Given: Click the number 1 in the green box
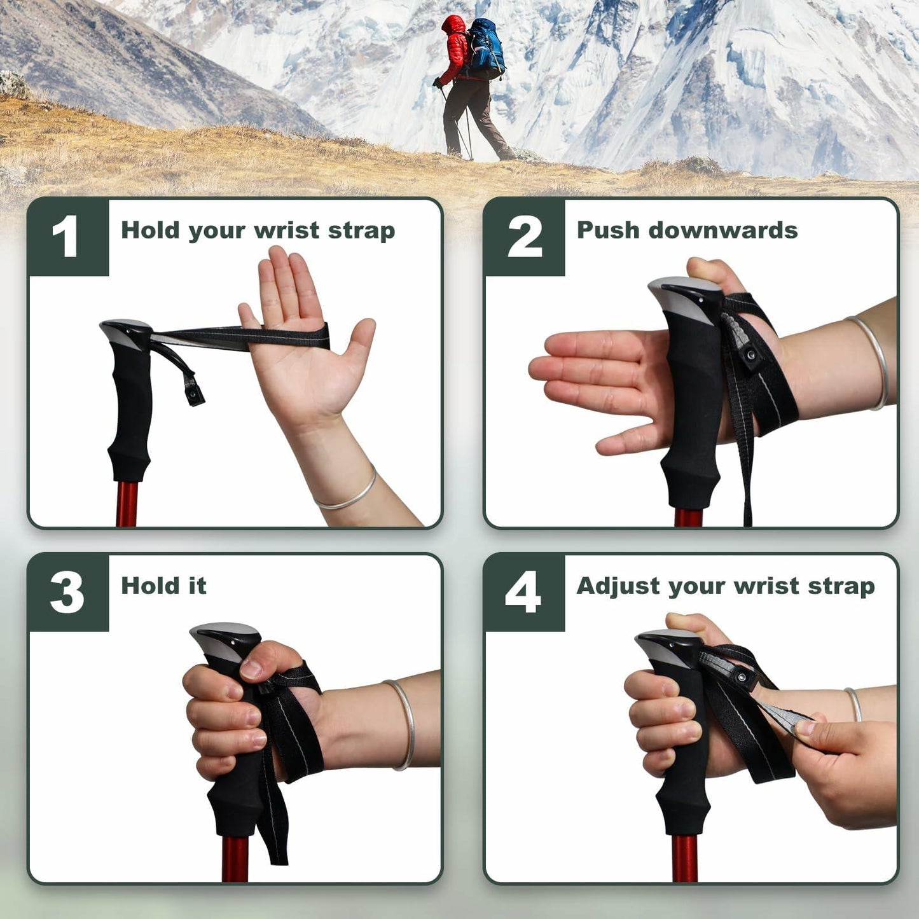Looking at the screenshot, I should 66,237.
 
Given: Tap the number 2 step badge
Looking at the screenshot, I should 525,237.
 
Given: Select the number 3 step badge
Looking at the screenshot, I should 67,593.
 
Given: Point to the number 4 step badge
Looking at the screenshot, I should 523,593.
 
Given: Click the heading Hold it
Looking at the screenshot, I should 163,586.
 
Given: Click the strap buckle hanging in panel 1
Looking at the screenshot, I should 193,396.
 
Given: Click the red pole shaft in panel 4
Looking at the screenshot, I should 684,858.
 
